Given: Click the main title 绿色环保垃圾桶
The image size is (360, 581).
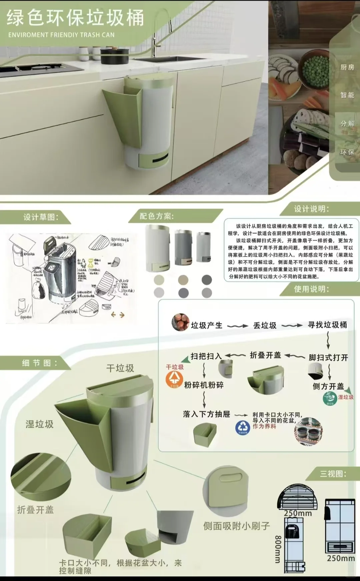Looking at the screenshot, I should [x=75, y=18].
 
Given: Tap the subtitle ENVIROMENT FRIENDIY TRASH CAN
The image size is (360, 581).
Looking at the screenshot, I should [x=61, y=35].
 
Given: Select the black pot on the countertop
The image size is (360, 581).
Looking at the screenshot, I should [x=114, y=56].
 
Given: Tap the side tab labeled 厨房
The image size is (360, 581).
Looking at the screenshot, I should [x=347, y=67].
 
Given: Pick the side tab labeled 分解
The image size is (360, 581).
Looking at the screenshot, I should [x=347, y=124].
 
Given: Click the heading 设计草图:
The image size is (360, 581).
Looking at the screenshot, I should [x=41, y=217].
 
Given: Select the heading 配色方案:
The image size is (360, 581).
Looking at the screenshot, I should [x=157, y=216].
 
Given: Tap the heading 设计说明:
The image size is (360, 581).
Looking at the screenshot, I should [x=311, y=209].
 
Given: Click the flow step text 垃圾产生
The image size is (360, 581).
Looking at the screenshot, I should [x=206, y=325].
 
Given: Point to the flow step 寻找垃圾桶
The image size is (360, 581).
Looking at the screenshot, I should [x=327, y=325].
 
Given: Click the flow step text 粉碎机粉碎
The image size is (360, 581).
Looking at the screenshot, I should [x=204, y=385].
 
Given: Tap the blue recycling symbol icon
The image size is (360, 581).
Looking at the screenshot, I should [x=242, y=427].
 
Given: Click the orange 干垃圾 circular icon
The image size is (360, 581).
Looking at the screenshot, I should [x=174, y=379].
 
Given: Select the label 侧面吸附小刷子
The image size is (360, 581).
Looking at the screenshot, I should [x=236, y=526].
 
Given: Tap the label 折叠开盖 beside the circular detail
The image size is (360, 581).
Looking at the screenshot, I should [x=35, y=510].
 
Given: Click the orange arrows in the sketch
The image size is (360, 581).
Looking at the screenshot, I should [x=117, y=314].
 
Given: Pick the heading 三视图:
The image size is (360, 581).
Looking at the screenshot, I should [x=333, y=474].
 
